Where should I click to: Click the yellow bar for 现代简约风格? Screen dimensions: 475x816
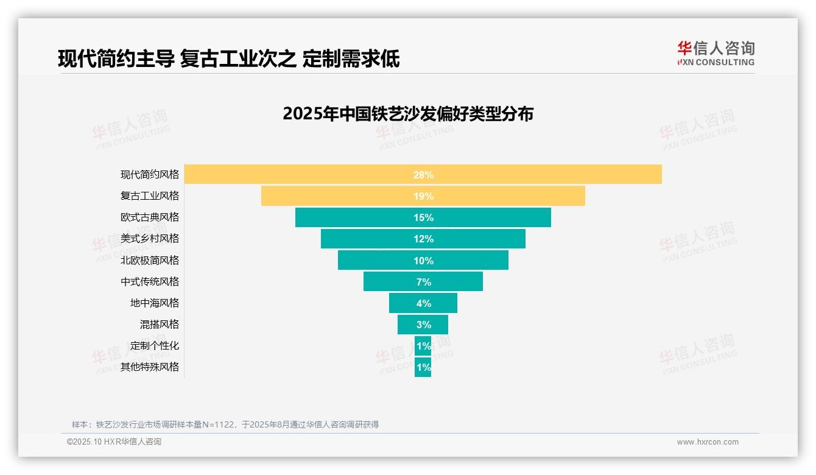click(423, 174)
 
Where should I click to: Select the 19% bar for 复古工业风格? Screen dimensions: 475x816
click(423, 196)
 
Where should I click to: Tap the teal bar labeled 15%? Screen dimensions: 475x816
click(423, 217)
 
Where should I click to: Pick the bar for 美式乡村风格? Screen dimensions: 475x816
click(423, 239)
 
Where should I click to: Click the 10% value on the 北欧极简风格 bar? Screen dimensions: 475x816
click(423, 261)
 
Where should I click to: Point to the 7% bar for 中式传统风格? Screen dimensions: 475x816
click(423, 281)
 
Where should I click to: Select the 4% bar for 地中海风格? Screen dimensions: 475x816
click(423, 303)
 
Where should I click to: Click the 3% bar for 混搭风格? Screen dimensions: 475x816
click(423, 325)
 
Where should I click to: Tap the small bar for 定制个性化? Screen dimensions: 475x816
click(423, 346)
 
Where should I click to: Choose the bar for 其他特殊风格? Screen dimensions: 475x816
click(423, 367)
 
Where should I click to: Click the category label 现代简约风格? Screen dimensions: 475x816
click(150, 175)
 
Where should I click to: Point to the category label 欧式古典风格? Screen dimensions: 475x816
click(150, 217)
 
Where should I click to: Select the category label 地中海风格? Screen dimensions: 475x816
click(155, 303)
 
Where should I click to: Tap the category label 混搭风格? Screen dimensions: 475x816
click(160, 325)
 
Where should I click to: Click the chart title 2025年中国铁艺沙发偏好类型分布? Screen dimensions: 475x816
click(408, 114)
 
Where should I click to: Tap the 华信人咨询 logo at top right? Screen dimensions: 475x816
click(716, 53)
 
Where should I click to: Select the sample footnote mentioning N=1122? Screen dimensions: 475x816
click(225, 424)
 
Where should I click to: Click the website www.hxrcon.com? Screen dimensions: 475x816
click(708, 442)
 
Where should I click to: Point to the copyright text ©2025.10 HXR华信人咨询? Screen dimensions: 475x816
click(114, 442)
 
